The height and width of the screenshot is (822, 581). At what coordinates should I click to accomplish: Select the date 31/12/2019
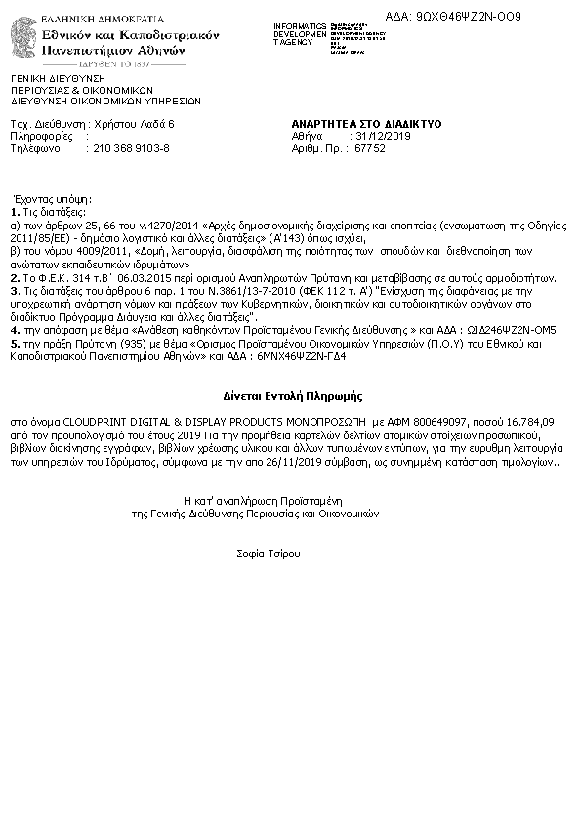tap(385, 137)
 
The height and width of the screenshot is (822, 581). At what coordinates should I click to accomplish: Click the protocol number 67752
tap(370, 149)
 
